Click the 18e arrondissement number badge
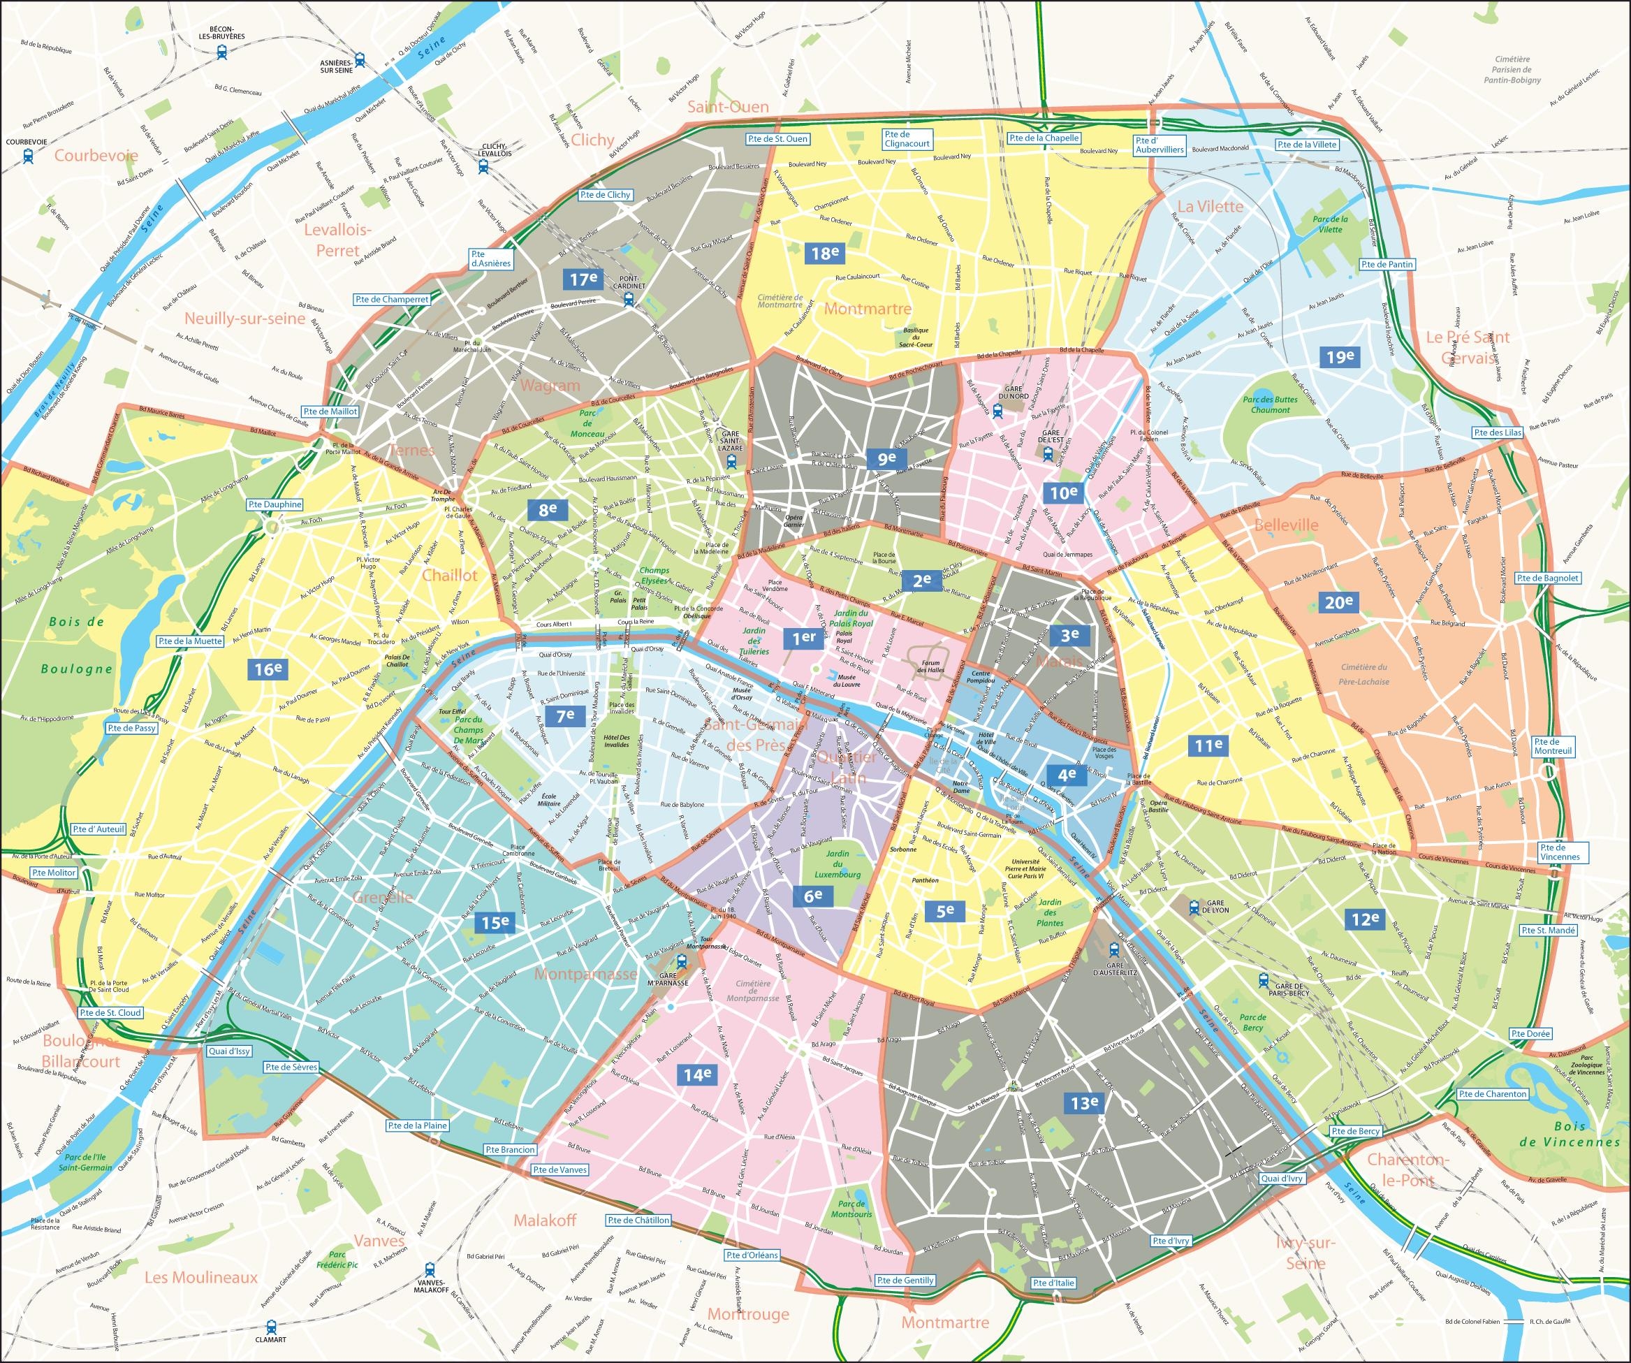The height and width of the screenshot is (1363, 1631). pyautogui.click(x=825, y=252)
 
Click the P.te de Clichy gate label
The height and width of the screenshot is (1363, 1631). pyautogui.click(x=606, y=195)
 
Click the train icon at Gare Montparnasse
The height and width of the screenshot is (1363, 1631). pyautogui.click(x=682, y=961)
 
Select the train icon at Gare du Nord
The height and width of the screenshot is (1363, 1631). pyautogui.click(x=998, y=411)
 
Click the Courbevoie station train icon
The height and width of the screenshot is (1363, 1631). pyautogui.click(x=28, y=155)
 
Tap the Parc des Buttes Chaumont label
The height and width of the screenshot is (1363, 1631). pyautogui.click(x=1270, y=404)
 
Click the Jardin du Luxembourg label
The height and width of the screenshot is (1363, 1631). pyautogui.click(x=838, y=863)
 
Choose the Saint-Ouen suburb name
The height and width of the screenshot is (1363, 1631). pyautogui.click(x=728, y=107)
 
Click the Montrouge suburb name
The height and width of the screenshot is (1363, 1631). pyautogui.click(x=748, y=1313)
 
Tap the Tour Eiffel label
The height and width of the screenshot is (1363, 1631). pyautogui.click(x=452, y=711)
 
